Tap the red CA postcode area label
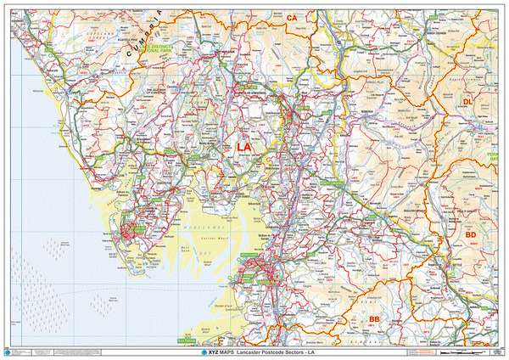(x=292, y=17)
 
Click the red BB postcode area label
(x=374, y=318)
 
